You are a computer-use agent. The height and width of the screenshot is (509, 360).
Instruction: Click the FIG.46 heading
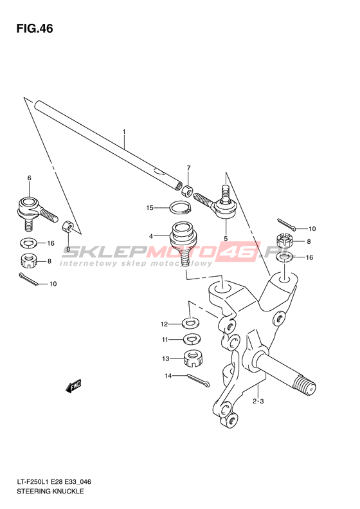click(x=35, y=28)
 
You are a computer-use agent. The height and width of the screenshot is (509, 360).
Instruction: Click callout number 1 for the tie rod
click(x=124, y=131)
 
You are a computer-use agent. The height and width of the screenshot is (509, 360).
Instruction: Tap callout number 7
click(x=188, y=168)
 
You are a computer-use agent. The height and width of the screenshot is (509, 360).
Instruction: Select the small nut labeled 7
click(x=187, y=191)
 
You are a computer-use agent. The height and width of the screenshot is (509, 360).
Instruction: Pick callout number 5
click(x=226, y=238)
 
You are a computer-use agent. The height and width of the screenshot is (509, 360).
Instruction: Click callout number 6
click(x=29, y=178)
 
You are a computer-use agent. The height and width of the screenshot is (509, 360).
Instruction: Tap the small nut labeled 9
click(x=67, y=227)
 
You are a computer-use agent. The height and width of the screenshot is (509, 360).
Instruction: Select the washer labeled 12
click(x=191, y=323)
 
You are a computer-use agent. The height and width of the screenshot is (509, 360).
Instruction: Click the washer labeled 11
click(x=192, y=339)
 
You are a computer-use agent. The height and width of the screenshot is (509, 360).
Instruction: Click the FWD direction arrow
click(x=73, y=385)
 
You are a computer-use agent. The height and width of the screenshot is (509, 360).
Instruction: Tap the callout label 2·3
click(x=258, y=402)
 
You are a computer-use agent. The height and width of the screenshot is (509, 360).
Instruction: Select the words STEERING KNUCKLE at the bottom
click(x=50, y=491)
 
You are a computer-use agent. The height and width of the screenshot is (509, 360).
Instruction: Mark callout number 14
click(x=168, y=376)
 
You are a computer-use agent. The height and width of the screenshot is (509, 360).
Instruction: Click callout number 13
click(x=166, y=358)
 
